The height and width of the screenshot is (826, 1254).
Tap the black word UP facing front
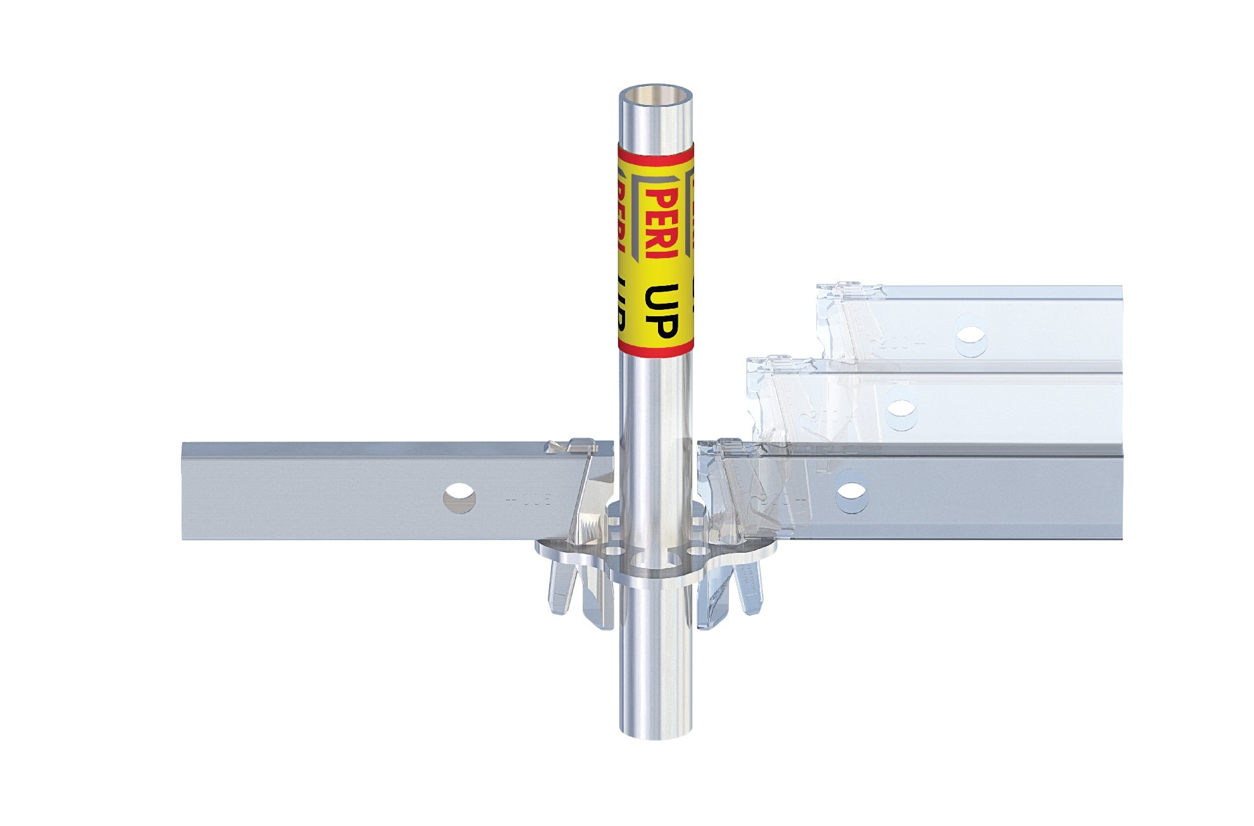click(661, 311)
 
